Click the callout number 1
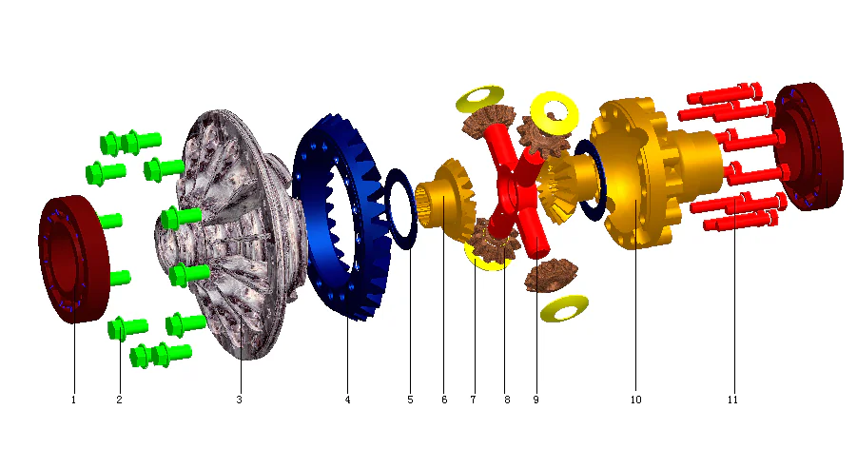73,400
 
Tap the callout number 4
348,400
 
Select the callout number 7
473,400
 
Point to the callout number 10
635,400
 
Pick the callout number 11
733,400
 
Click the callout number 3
240,400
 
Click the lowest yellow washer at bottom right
563,308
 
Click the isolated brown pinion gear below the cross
545,275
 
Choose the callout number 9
536,400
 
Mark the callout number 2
119,400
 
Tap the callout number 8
507,400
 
